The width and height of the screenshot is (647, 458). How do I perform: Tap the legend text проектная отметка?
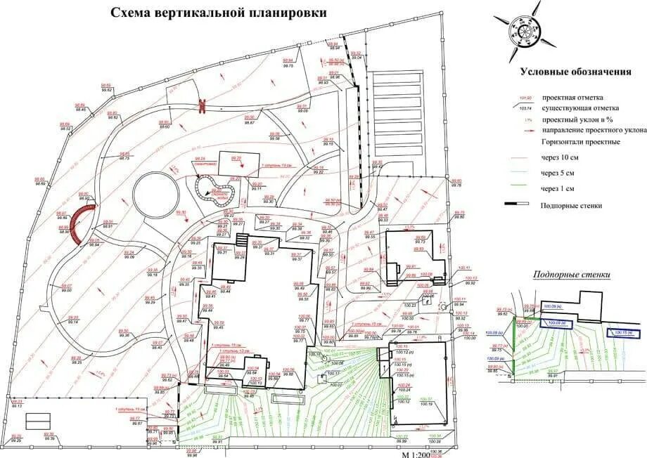(x=572, y=98)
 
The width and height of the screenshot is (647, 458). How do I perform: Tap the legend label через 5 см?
(x=558, y=173)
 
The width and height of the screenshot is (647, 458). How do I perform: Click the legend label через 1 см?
(x=558, y=188)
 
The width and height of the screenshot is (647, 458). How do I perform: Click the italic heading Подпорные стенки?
(x=571, y=275)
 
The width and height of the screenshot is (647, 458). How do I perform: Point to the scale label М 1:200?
(x=415, y=453)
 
